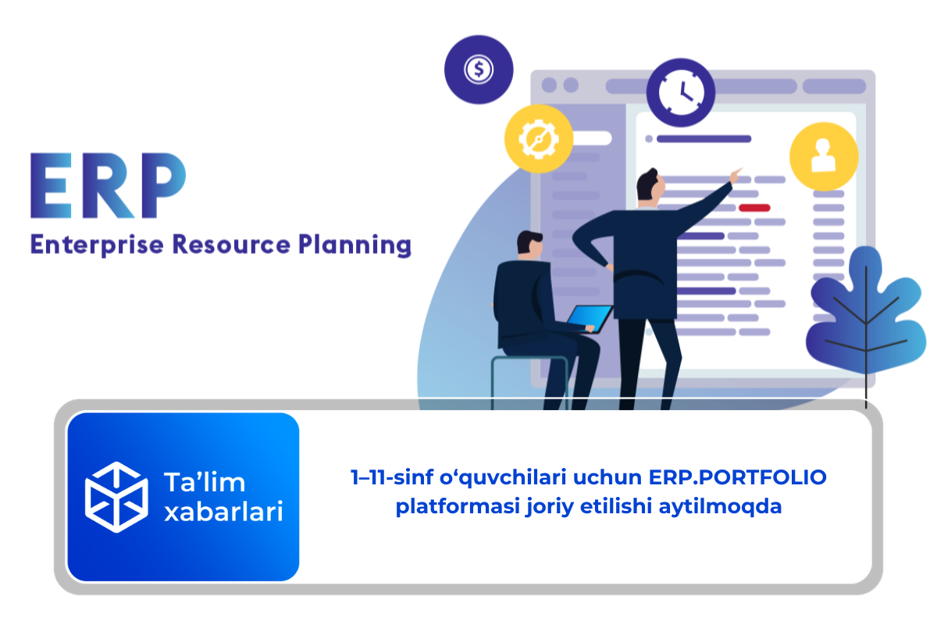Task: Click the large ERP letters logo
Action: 108,185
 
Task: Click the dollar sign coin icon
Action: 479,70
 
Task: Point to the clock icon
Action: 681,92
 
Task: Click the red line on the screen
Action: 754,208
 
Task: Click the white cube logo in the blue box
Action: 116,497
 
